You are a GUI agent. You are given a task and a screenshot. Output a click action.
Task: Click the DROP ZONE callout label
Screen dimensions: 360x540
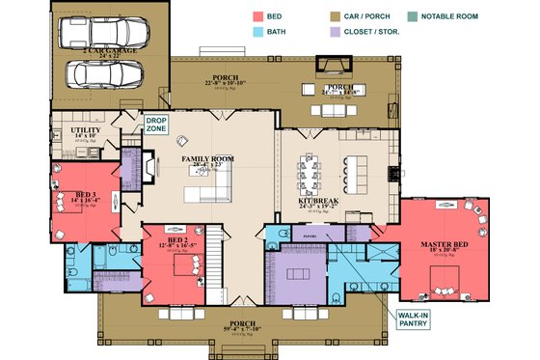[157, 125]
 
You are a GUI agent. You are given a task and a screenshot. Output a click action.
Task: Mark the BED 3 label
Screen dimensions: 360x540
[85, 195]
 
